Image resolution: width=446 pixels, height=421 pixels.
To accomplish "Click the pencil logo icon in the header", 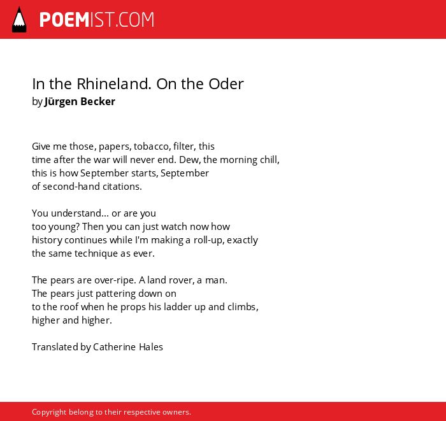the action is click(19, 20).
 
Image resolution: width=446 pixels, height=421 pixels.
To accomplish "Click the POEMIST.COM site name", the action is click(97, 20).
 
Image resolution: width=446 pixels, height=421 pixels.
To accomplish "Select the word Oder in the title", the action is click(226, 84).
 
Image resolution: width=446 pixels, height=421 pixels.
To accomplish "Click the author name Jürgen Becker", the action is click(80, 101).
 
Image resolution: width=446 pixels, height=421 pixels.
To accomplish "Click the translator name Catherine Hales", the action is click(128, 347).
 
